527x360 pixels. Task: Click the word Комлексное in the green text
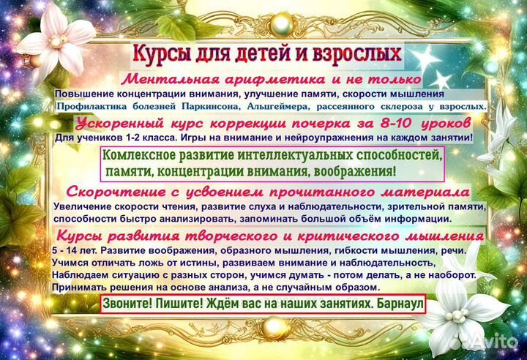click(x=141, y=155)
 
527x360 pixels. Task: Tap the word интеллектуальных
click(x=284, y=155)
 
